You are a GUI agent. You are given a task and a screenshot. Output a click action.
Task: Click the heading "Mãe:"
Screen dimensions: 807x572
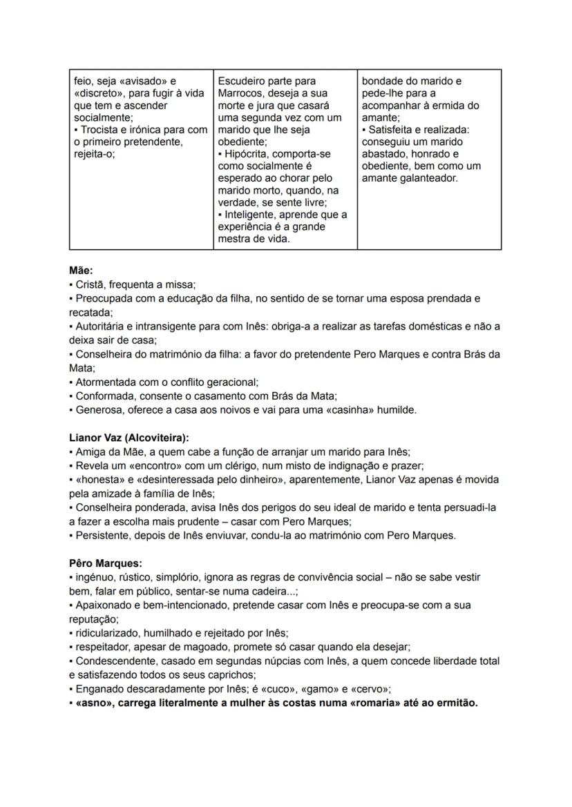pyautogui.click(x=81, y=271)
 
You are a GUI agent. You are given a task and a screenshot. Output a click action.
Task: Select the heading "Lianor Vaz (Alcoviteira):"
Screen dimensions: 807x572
pyautogui.click(x=129, y=438)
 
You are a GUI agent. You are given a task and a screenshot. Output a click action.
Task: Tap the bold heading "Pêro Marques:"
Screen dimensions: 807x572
pyautogui.click(x=105, y=563)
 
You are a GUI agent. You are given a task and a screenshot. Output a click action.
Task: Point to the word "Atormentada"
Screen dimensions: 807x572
pyautogui.click(x=106, y=382)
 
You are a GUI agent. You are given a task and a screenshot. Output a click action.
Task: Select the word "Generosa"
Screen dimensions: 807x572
pyautogui.click(x=98, y=410)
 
